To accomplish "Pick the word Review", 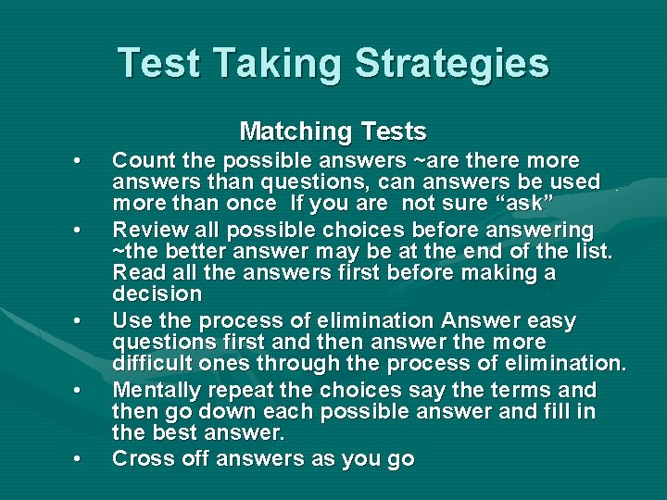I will click(145, 229).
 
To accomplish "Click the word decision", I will click(157, 294).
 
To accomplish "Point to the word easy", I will click(550, 320).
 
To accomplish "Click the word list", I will click(593, 250).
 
